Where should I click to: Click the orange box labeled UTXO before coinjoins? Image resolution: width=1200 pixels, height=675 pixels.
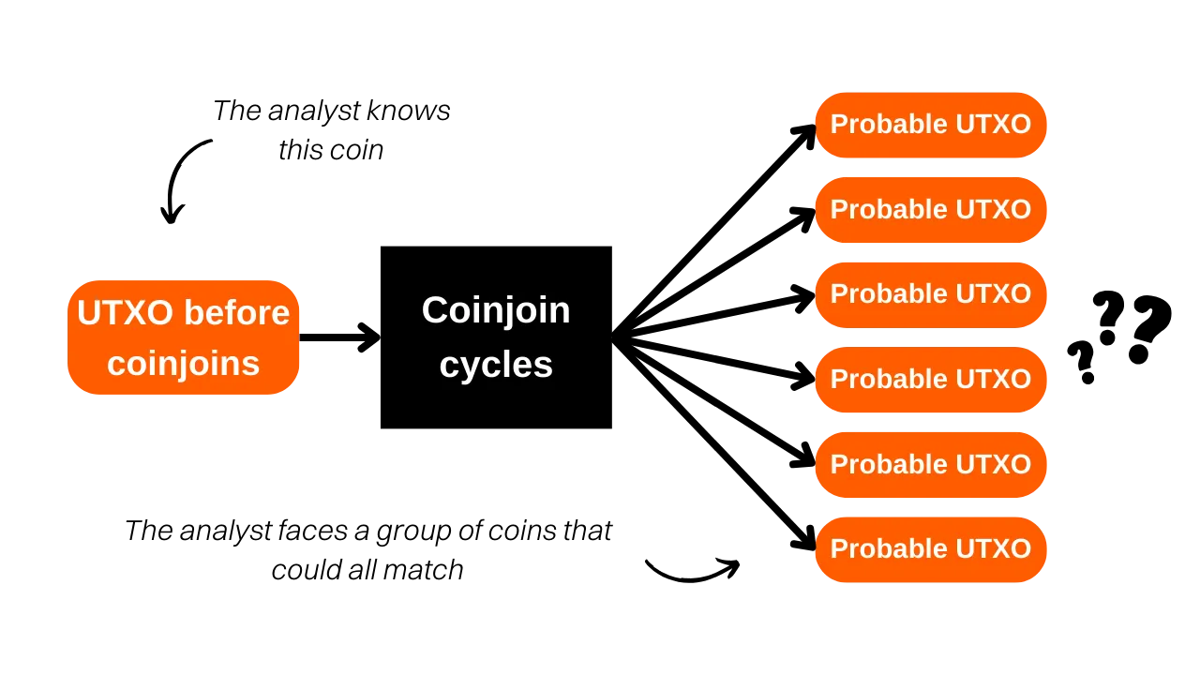[x=183, y=337]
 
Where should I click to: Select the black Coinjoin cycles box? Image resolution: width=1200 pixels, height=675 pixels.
[x=496, y=337]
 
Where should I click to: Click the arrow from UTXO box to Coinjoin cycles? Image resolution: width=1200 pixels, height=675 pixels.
[x=340, y=337]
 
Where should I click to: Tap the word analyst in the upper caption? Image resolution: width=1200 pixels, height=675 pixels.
[x=314, y=112]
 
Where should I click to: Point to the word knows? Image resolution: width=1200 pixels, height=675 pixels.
[x=409, y=111]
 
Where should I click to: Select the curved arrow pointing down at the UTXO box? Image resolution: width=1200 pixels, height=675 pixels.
[x=182, y=181]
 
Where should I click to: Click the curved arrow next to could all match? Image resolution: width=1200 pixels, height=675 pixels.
[x=693, y=570]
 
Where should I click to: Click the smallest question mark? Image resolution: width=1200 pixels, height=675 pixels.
[x=1081, y=363]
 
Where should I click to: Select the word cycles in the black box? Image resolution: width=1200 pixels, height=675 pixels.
[x=496, y=366]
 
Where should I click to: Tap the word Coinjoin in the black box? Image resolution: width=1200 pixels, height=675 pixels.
[x=496, y=311]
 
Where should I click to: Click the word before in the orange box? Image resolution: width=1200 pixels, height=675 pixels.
[x=237, y=312]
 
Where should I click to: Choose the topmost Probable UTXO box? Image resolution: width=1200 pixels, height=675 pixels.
[x=931, y=125]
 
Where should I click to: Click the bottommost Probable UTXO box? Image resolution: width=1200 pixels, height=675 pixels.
[x=931, y=549]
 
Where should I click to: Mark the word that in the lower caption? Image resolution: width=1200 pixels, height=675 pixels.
[x=588, y=531]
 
